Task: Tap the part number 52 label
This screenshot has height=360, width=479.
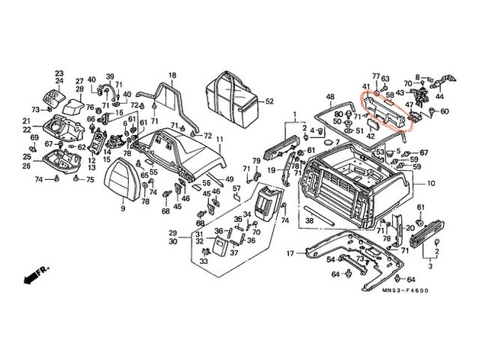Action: coord(269,101)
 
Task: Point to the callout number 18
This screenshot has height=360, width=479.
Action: coord(172,75)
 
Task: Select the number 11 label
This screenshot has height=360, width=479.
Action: coord(219,140)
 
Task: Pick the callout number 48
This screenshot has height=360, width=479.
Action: coord(330,97)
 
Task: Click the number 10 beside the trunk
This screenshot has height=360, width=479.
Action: coord(430,184)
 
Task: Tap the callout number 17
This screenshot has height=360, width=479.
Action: coord(291,252)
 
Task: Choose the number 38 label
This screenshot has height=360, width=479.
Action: coord(310,221)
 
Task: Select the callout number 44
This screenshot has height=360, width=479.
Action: coord(439,98)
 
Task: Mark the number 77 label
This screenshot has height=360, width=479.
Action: coord(375,76)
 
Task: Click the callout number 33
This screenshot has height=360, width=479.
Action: coord(204,262)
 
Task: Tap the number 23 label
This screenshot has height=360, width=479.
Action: coord(59,73)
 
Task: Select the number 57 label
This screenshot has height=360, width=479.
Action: coord(236,188)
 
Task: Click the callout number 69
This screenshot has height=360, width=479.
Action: coord(34,137)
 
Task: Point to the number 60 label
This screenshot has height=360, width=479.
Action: coord(445,111)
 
